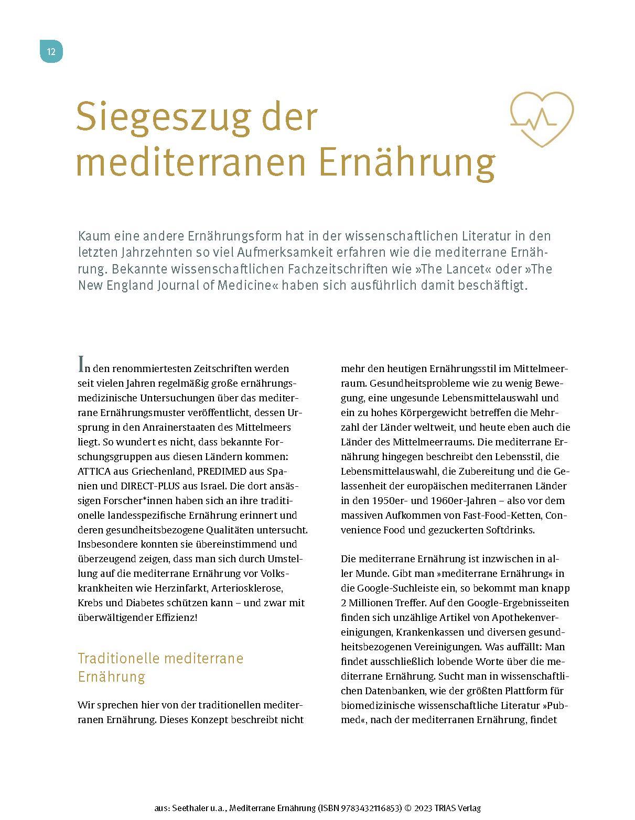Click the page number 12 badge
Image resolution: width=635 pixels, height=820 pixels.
(51, 51)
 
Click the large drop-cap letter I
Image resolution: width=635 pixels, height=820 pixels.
(81, 363)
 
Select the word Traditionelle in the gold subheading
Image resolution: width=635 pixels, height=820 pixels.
(119, 658)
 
